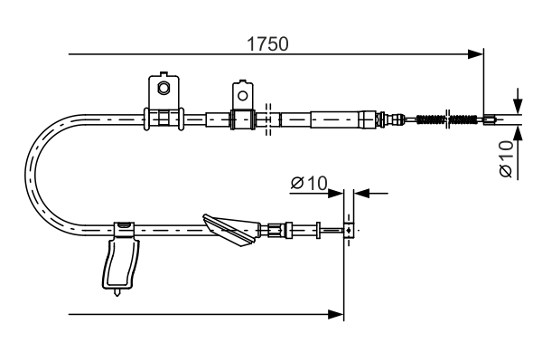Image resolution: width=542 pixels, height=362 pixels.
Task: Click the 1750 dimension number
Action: [x=268, y=43]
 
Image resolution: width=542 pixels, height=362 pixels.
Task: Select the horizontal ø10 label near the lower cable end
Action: [x=308, y=184]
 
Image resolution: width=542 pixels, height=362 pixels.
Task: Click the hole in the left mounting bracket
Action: [x=164, y=88]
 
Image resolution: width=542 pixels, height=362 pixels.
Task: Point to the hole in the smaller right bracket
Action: [x=241, y=92]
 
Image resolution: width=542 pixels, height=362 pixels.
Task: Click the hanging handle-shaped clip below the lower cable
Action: [x=120, y=262]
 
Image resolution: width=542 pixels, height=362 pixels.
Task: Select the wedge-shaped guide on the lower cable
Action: [x=230, y=229]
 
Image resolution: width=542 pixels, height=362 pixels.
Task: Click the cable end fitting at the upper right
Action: [x=489, y=118]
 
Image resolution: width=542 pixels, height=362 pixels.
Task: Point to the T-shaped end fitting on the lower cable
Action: [x=346, y=230]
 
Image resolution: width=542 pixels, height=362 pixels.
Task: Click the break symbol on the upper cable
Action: [x=268, y=119]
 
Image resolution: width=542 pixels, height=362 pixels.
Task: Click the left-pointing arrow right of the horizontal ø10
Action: [x=362, y=192]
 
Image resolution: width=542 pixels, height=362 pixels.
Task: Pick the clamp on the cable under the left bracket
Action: [x=163, y=118]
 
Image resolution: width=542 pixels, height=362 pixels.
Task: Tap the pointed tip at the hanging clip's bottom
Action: [x=117, y=292]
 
